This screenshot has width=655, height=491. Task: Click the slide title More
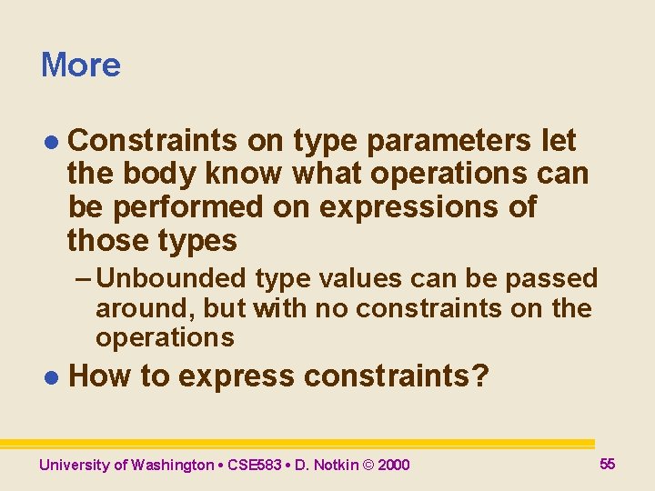[80, 65]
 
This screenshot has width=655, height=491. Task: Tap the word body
[160, 175]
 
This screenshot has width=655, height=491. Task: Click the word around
[145, 308]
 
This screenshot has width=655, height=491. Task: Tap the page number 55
[608, 464]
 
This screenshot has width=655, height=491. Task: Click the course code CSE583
[249, 466]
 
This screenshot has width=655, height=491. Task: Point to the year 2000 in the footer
[393, 466]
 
